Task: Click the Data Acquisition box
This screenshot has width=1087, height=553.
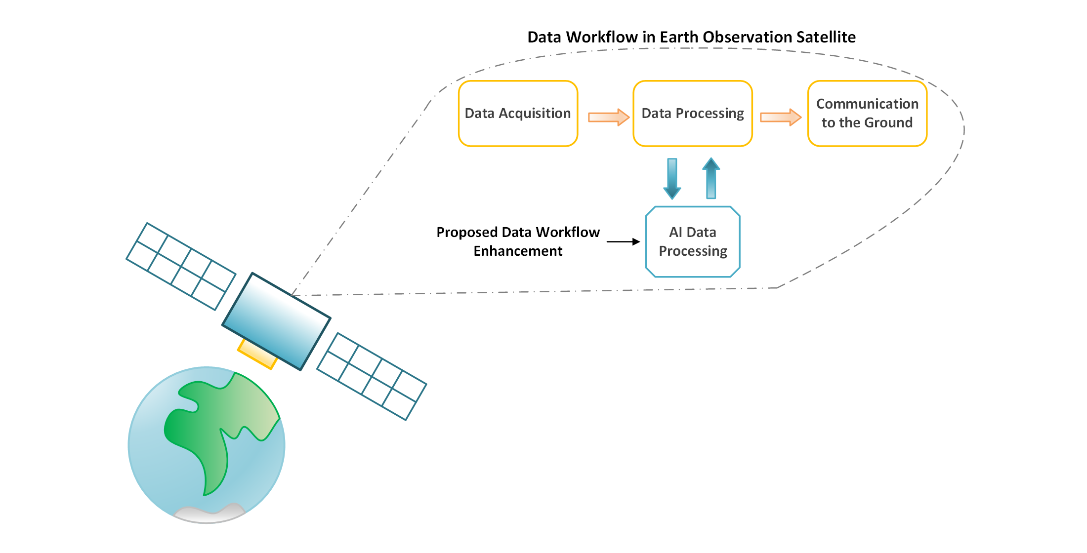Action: (518, 114)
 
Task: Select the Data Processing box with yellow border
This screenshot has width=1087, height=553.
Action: (692, 114)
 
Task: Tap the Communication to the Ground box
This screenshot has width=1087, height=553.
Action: (867, 114)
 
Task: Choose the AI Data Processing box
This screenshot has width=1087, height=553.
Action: (692, 242)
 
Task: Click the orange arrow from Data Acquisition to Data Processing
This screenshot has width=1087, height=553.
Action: (608, 117)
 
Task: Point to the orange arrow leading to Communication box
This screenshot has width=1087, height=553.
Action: (780, 117)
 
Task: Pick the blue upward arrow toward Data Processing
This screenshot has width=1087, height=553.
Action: (711, 178)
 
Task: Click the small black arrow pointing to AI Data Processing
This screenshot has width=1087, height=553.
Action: (623, 242)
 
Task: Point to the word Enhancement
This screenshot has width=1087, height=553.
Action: (518, 251)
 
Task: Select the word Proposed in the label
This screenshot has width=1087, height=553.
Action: (466, 233)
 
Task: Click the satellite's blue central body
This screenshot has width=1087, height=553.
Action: (276, 321)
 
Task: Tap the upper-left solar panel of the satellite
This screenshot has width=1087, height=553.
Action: (181, 267)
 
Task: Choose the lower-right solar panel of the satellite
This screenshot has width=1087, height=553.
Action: (372, 377)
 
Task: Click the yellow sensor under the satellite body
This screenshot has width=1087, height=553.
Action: (256, 355)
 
